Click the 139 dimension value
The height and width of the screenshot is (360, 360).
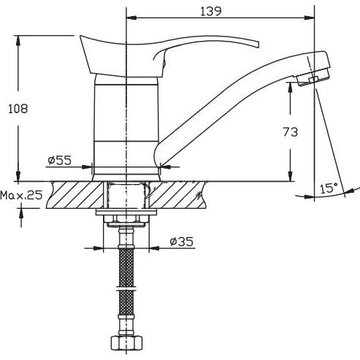pyautogui.click(x=211, y=11)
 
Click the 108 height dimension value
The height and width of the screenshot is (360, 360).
pyautogui.click(x=18, y=109)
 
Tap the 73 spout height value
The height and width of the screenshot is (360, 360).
pyautogui.click(x=291, y=132)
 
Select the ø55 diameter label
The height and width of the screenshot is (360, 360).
pyautogui.click(x=60, y=160)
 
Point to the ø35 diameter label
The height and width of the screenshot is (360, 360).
pyautogui.click(x=182, y=242)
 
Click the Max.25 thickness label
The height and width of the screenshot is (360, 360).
pyautogui.click(x=21, y=195)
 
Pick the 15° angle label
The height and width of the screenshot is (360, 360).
pyautogui.click(x=329, y=188)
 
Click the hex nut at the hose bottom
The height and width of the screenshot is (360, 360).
pyautogui.click(x=126, y=342)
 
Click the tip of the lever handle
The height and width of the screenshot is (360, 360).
pyautogui.click(x=258, y=45)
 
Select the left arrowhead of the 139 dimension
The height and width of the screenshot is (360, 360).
pyautogui.click(x=131, y=18)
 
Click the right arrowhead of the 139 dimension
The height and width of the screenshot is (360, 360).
pyautogui.click(x=310, y=18)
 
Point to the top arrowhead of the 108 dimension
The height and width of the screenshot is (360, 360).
pyautogui.click(x=18, y=40)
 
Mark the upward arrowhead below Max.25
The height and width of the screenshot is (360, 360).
pyautogui.click(x=21, y=213)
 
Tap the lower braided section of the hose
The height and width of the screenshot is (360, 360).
pyautogui.click(x=126, y=302)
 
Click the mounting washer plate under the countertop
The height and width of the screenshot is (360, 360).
pyautogui.click(x=126, y=212)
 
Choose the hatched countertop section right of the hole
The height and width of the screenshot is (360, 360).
pyautogui.click(x=177, y=195)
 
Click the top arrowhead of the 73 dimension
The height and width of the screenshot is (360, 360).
pyautogui.click(x=290, y=88)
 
